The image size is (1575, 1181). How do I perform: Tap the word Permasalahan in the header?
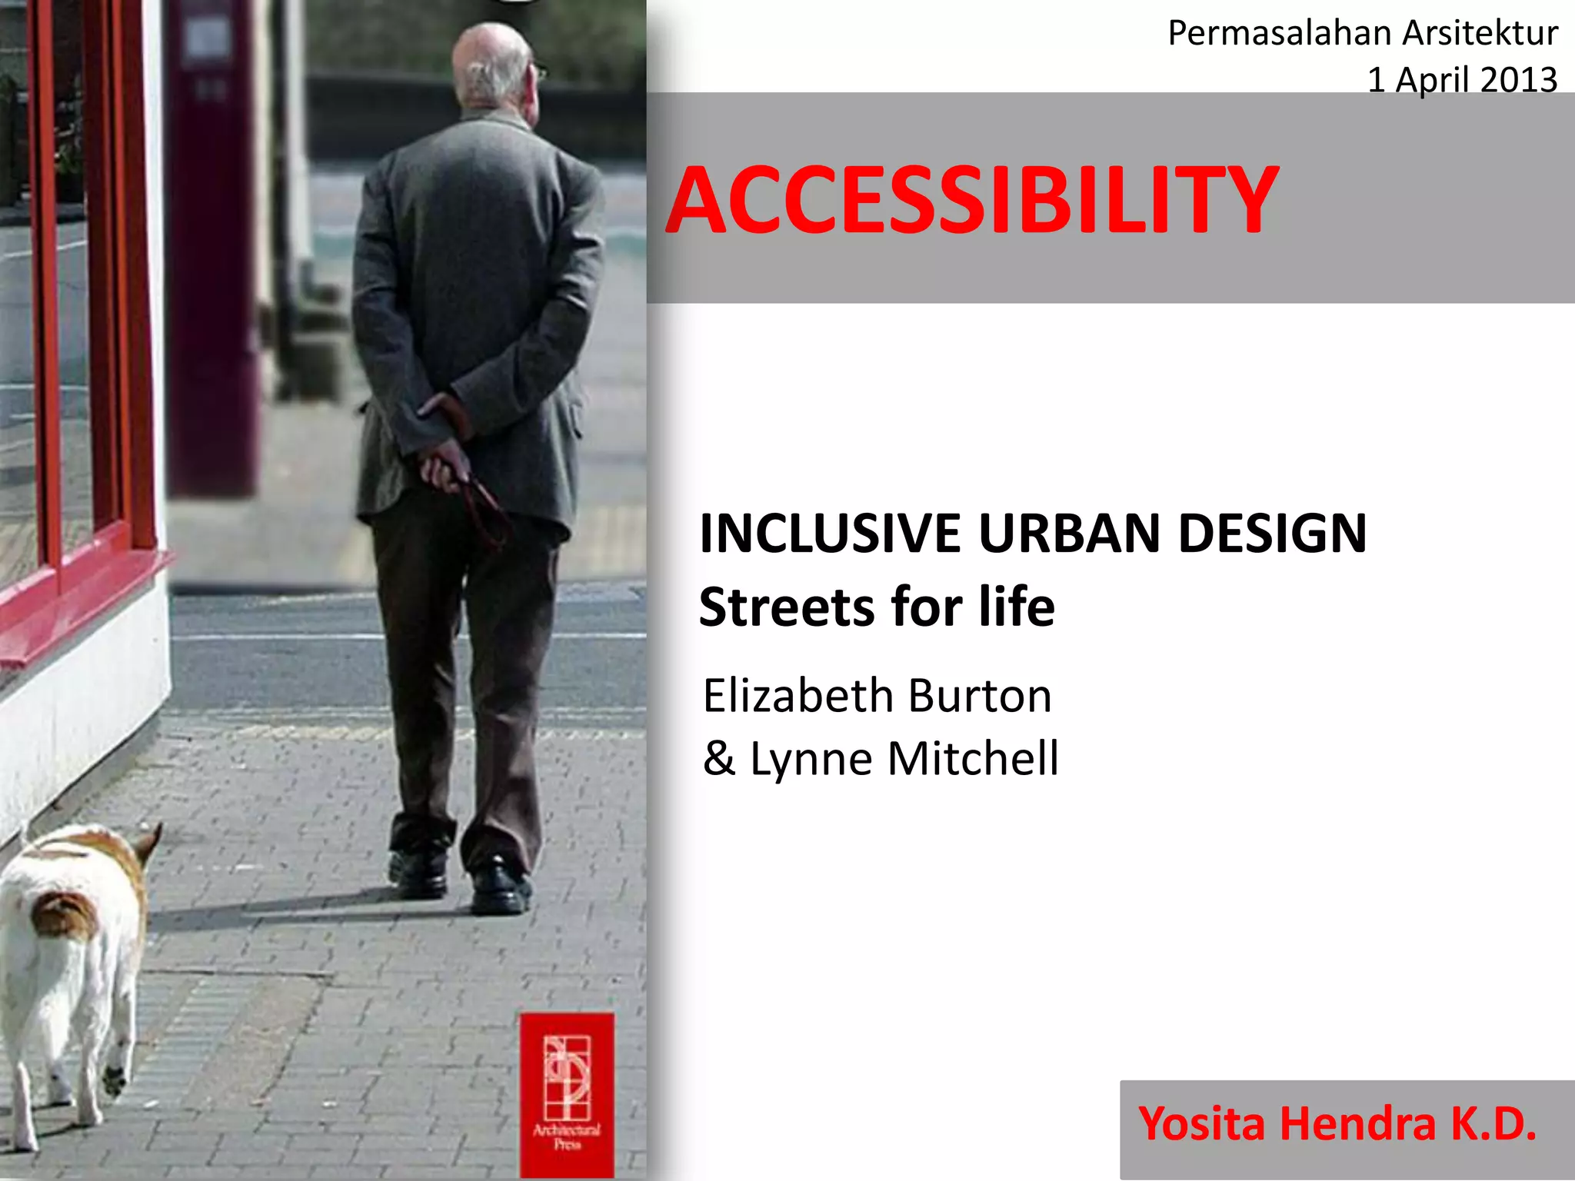tap(1280, 34)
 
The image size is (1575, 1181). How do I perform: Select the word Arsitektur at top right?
tap(1480, 34)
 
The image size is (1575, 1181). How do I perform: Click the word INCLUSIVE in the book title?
tap(830, 534)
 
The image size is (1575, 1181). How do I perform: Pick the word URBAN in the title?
tap(1069, 534)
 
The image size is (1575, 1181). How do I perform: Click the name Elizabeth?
tap(797, 697)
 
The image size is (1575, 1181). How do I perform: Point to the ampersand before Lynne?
tap(718, 758)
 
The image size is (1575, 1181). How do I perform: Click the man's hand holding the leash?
tap(444, 465)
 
